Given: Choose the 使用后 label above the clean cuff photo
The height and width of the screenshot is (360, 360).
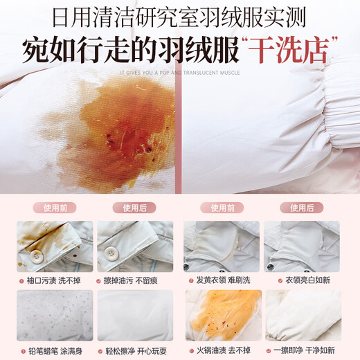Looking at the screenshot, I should pos(136,207).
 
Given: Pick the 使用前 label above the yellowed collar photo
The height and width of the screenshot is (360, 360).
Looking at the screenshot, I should pos(222,207).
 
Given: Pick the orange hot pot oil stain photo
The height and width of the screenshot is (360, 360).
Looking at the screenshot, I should pos(222,314).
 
